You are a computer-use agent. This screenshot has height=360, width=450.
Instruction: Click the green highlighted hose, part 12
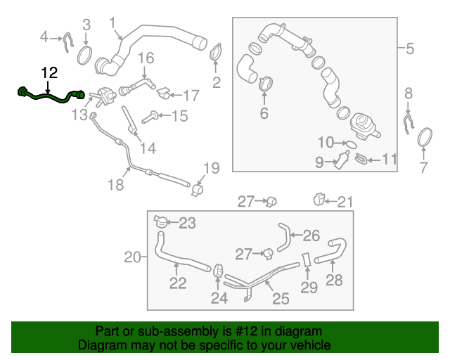tap(49, 96)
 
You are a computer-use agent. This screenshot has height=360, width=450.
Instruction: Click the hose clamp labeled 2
tap(217, 53)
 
